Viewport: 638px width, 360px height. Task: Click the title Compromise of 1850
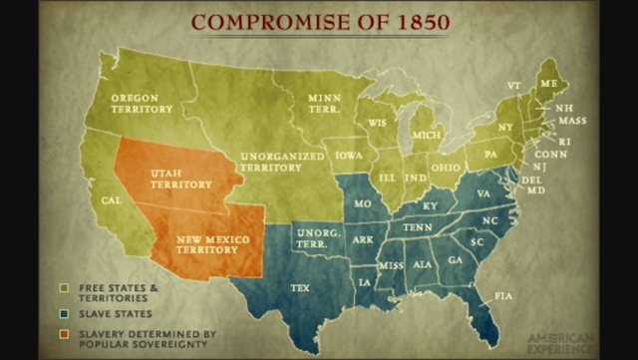click(318, 21)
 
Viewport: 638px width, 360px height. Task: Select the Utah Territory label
click(180, 179)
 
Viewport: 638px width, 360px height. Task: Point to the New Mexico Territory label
click(213, 244)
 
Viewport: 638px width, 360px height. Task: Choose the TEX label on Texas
click(300, 288)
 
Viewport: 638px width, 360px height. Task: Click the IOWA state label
click(349, 157)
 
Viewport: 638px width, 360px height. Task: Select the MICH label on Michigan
click(426, 134)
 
